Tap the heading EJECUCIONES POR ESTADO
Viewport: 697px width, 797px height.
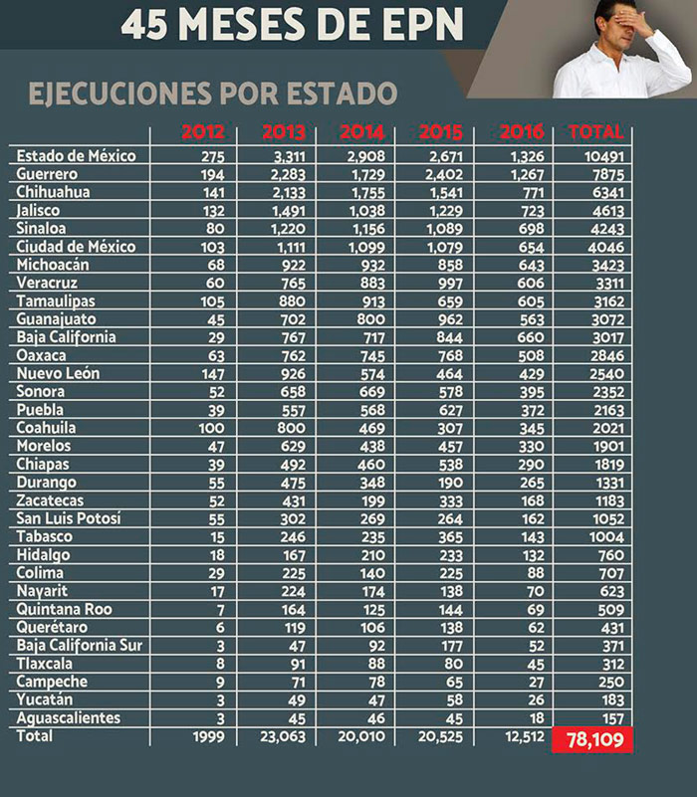(x=213, y=94)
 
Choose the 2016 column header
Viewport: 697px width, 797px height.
(x=522, y=132)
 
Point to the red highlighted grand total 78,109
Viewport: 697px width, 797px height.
(x=592, y=740)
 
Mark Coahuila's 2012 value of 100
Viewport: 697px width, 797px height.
(x=212, y=428)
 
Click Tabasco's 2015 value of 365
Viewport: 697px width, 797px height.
(x=449, y=537)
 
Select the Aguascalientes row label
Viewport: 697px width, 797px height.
(x=68, y=718)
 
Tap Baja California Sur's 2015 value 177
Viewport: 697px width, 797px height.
(x=449, y=646)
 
